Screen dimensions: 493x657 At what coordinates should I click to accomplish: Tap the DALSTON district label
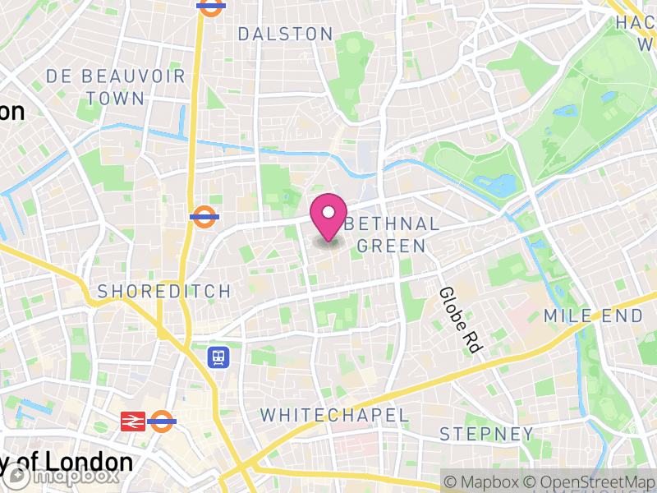click(x=285, y=34)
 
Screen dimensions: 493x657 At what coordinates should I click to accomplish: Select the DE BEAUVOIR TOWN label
click(x=95, y=87)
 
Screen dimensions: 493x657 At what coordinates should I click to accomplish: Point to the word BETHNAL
click(x=393, y=224)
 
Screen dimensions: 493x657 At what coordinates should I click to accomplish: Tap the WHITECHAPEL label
click(x=334, y=415)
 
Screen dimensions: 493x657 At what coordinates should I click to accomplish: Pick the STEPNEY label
click(x=486, y=434)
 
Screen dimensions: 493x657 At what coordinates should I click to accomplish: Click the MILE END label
click(x=593, y=316)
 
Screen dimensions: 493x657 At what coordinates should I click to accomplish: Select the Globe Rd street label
click(x=458, y=320)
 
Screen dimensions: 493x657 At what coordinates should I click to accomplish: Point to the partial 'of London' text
click(x=69, y=462)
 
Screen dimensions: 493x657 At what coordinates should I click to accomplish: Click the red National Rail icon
click(x=133, y=422)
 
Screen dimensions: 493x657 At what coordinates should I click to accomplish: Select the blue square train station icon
click(x=218, y=357)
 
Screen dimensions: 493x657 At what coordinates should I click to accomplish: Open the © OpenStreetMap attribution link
click(x=590, y=481)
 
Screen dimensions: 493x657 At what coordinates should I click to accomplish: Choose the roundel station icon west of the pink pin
click(x=203, y=217)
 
